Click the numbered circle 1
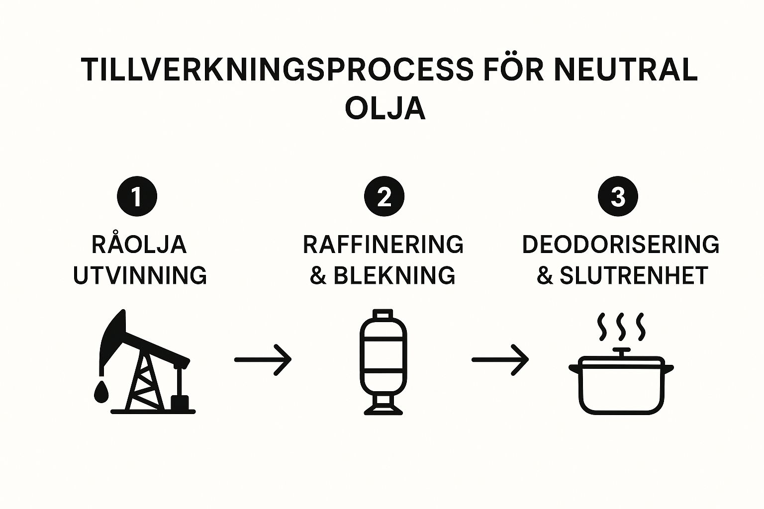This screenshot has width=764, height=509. pos(137,197)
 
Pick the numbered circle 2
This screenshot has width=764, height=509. pos(384,197)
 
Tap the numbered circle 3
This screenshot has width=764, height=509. pos(617,197)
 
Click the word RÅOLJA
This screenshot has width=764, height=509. pos(139,245)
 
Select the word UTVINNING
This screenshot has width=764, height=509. pos(140,275)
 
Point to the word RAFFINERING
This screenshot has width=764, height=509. pos(383,245)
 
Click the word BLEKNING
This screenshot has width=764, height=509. pos(394,275)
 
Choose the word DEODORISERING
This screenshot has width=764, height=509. pos(620,245)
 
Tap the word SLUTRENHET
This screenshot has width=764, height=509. pos(634,275)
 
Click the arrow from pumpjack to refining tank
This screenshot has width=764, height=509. pos(263,359)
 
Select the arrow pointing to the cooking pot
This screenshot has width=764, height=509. pos(500,359)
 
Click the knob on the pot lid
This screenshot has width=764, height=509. pos(621,351)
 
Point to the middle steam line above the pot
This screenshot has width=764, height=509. pos(621,326)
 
